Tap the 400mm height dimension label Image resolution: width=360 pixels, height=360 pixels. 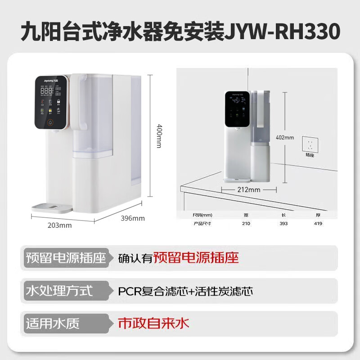(x=159, y=135)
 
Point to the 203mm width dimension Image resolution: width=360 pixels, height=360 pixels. (x=59, y=225)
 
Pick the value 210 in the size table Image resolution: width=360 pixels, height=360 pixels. (x=246, y=223)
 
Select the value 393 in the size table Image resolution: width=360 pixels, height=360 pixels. (x=283, y=223)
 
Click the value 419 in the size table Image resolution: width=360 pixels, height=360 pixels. (x=318, y=223)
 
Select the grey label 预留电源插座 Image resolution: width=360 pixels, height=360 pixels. (x=66, y=258)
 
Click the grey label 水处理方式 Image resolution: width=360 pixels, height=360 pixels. (x=60, y=291)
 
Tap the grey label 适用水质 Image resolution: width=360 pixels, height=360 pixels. (x=54, y=324)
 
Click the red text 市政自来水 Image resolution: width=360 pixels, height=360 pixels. (x=153, y=323)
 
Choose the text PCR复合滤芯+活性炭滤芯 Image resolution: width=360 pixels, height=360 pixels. (x=185, y=291)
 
